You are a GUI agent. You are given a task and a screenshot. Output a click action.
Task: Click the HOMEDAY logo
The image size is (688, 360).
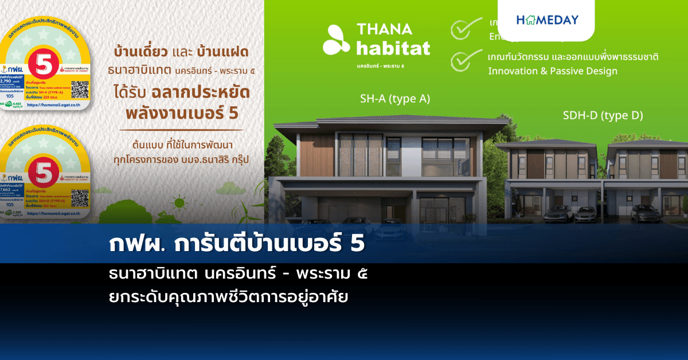click(x=547, y=20)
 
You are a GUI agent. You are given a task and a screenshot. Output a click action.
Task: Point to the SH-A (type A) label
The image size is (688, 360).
click(x=394, y=99)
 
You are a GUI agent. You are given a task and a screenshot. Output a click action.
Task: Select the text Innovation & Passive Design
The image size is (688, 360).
click(x=552, y=71)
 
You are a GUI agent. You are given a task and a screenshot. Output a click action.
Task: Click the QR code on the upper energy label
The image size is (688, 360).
click(x=80, y=89)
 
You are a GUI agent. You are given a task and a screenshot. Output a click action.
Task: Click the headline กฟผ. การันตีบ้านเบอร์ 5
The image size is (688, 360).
click(x=236, y=244)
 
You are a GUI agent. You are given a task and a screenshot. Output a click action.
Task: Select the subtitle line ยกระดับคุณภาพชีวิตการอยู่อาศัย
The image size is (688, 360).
click(x=228, y=297)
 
